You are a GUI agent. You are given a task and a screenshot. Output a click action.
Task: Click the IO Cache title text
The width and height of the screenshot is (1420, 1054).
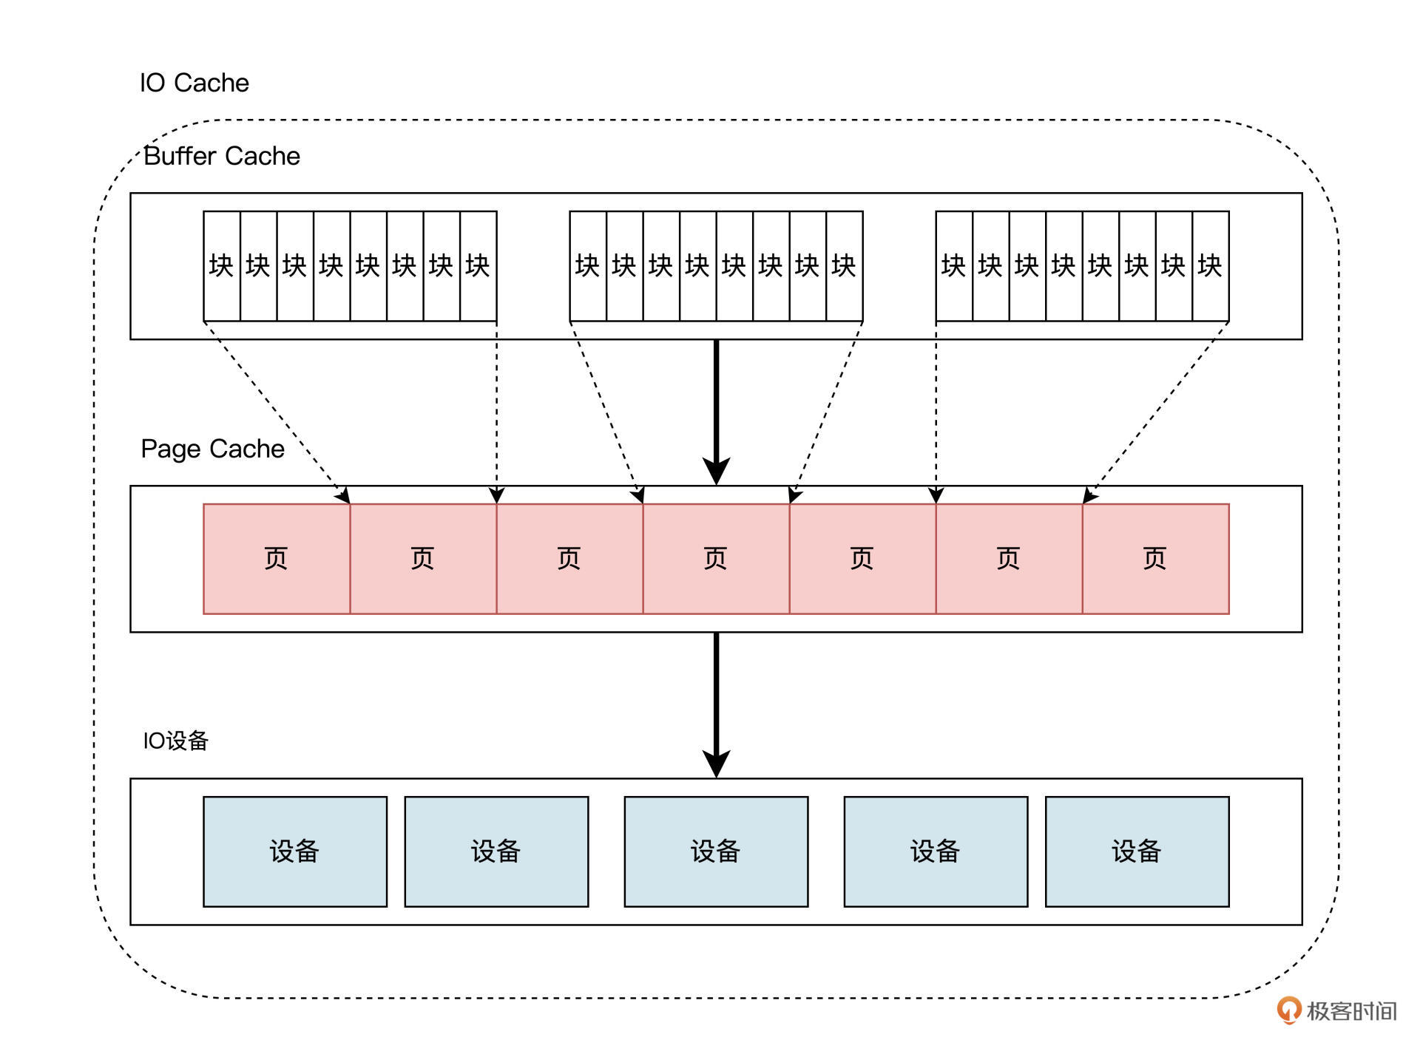(x=194, y=83)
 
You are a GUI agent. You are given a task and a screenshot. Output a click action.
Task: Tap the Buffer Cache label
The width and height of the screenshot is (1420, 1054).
(x=222, y=156)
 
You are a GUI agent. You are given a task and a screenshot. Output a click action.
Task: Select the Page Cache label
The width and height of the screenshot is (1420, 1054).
(x=212, y=449)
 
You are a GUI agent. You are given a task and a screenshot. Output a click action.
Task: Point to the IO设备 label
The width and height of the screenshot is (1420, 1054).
(x=175, y=741)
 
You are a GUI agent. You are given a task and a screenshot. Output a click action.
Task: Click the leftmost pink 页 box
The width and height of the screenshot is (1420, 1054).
(x=277, y=559)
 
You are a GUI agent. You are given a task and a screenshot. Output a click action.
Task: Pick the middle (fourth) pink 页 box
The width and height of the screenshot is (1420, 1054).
(x=716, y=559)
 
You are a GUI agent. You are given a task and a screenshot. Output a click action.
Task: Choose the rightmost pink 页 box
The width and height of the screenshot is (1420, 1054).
(x=1155, y=559)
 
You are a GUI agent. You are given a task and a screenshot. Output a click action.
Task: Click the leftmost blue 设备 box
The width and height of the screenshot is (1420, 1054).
(x=295, y=851)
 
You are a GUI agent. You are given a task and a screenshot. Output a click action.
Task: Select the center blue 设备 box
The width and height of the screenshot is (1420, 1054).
(x=716, y=851)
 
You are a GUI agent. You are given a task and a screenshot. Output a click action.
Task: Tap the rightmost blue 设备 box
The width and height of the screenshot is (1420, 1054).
(x=1137, y=851)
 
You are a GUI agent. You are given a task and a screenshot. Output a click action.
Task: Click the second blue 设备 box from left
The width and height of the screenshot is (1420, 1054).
(x=496, y=851)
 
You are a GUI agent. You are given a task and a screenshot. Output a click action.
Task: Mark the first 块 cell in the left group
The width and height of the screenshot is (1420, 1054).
(x=222, y=266)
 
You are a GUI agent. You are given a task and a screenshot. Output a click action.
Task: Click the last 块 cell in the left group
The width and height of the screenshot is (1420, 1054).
(x=478, y=266)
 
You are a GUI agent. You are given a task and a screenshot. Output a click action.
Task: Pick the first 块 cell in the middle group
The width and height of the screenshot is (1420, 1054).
(x=588, y=266)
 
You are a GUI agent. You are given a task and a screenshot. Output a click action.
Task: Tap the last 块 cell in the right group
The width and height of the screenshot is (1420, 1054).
(x=1210, y=266)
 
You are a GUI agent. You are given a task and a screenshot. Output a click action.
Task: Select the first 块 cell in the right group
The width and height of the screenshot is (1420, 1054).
(x=954, y=266)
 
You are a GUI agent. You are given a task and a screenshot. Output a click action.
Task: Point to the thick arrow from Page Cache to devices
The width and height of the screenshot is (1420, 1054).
(x=716, y=702)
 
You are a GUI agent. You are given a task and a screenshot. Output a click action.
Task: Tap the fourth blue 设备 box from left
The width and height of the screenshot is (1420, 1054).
(x=936, y=851)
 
